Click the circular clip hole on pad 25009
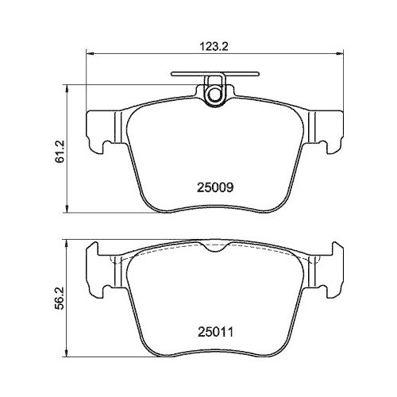(213, 94)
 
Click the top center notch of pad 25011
(213, 249)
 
